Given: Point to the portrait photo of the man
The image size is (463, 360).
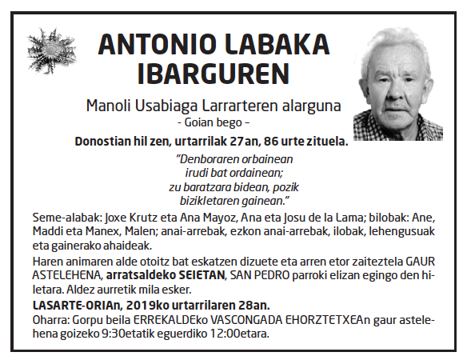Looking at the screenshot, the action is tap(397, 84).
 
